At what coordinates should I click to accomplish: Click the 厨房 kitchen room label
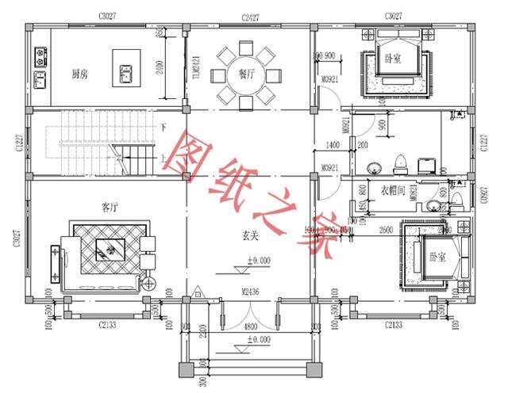click(79, 74)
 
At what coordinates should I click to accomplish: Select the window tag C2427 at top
click(249, 15)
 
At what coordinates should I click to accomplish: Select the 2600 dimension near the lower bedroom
click(386, 230)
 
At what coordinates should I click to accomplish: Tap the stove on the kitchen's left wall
click(40, 56)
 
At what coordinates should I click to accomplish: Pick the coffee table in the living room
click(105, 250)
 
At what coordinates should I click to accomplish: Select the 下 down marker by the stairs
click(163, 127)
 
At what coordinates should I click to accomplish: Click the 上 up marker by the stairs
click(163, 157)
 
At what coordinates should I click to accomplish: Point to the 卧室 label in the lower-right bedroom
click(436, 256)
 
